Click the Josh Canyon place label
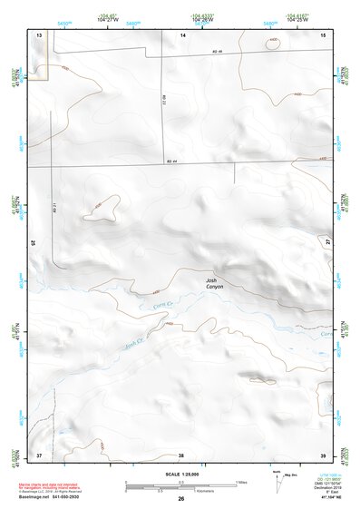[214, 284]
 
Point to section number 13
[39, 34]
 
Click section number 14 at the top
[182, 34]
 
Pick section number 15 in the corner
[324, 34]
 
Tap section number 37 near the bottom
[39, 454]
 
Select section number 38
[181, 454]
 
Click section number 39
[323, 454]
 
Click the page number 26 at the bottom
[181, 499]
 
